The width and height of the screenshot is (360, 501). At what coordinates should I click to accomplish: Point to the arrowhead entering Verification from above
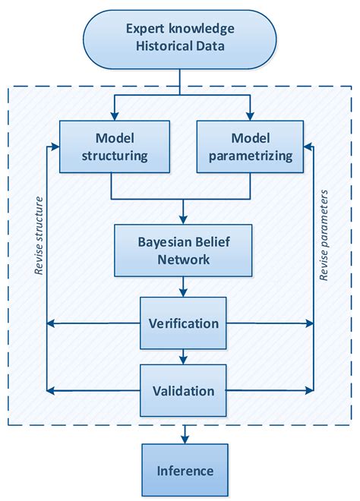(184, 292)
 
